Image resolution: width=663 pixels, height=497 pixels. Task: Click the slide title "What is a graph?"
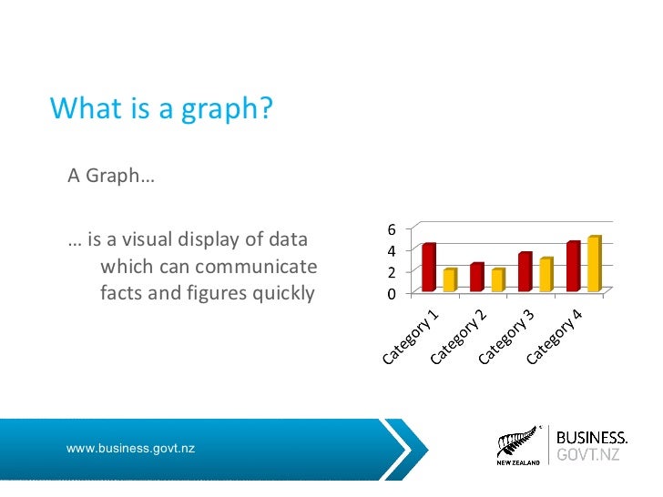pyautogui.click(x=161, y=108)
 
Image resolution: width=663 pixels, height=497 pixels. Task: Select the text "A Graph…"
pyautogui.click(x=111, y=175)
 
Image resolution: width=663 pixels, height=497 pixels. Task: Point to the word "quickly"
pyautogui.click(x=273, y=293)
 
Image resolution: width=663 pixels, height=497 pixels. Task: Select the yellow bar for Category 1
pyautogui.click(x=450, y=280)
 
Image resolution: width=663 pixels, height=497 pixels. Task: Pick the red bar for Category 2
pyautogui.click(x=476, y=278)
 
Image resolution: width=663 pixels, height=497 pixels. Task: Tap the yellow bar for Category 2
pyautogui.click(x=497, y=280)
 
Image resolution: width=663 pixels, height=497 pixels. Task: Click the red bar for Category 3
pyautogui.click(x=525, y=272)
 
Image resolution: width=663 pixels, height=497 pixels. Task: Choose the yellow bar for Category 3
pyautogui.click(x=546, y=275)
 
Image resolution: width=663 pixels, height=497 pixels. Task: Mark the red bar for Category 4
pyautogui.click(x=573, y=267)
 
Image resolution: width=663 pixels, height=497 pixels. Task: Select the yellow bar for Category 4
pyautogui.click(x=594, y=264)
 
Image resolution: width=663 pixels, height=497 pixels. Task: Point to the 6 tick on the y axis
pyautogui.click(x=393, y=229)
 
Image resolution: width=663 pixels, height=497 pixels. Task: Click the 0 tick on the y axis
pyautogui.click(x=393, y=294)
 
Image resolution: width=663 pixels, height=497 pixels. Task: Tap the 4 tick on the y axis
pyautogui.click(x=393, y=251)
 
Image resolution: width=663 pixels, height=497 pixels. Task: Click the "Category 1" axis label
pyautogui.click(x=411, y=337)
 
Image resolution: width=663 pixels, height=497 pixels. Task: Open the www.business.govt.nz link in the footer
pyautogui.click(x=130, y=449)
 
